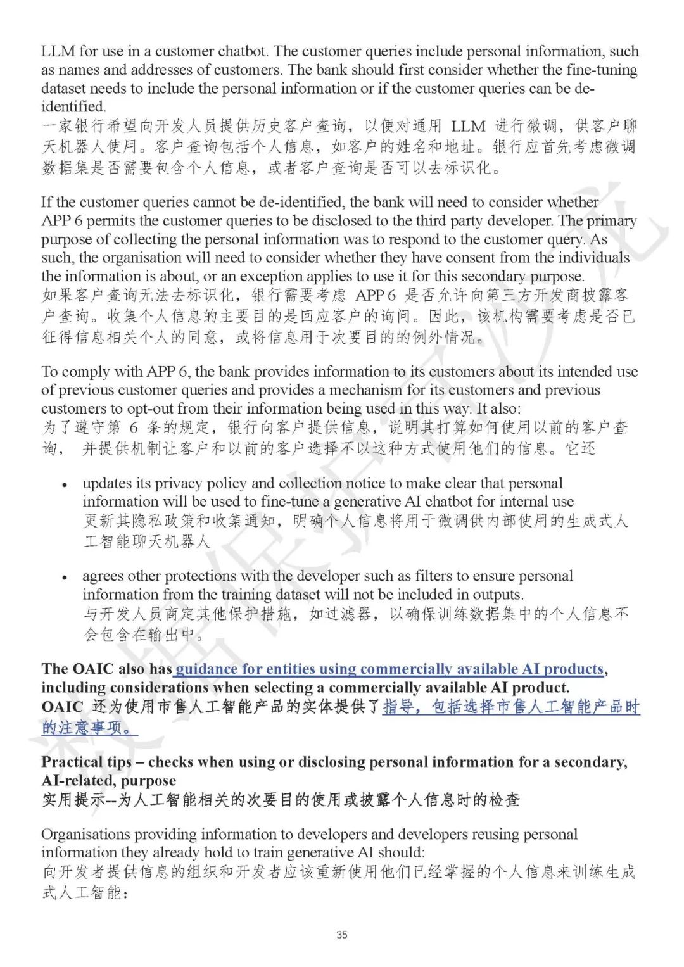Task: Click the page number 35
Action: (x=342, y=934)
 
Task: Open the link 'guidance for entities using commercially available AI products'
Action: (x=389, y=669)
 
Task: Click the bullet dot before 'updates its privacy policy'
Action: (x=65, y=485)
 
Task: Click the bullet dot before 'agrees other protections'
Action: (x=65, y=578)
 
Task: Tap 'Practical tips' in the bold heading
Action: (x=87, y=762)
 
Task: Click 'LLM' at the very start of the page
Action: (x=58, y=51)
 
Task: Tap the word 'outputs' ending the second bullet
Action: (x=498, y=595)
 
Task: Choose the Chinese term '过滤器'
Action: (x=339, y=614)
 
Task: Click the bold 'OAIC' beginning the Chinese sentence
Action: (x=62, y=707)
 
